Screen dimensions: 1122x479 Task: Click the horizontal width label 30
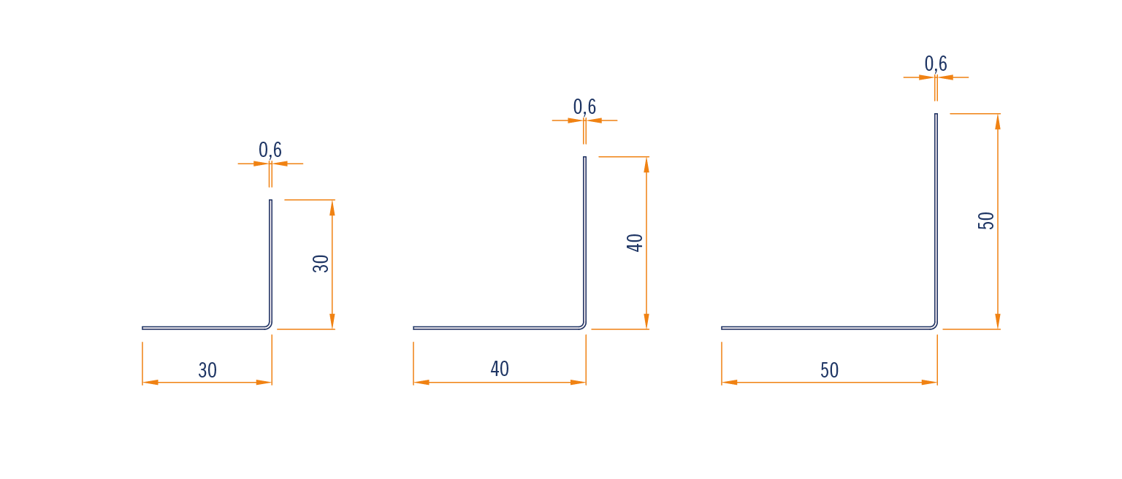(x=207, y=370)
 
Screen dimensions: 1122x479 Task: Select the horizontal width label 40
(x=500, y=369)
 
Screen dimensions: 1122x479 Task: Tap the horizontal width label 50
(x=830, y=370)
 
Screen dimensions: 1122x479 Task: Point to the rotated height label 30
(x=321, y=264)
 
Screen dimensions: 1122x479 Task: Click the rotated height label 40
(x=635, y=242)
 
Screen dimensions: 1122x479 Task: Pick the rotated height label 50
(x=985, y=221)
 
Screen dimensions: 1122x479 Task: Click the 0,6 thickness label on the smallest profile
(x=270, y=150)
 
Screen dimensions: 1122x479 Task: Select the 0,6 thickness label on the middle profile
(x=584, y=107)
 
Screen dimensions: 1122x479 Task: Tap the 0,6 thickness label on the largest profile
(x=936, y=64)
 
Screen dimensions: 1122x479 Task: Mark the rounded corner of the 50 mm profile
(x=935, y=326)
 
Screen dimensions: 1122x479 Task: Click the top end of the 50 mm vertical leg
(x=936, y=114)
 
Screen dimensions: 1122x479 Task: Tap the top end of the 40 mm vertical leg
(x=584, y=157)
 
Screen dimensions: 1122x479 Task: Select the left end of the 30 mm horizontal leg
(x=142, y=329)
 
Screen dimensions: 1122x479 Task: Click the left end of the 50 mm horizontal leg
(x=722, y=329)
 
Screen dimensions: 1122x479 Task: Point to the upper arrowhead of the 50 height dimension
(x=998, y=122)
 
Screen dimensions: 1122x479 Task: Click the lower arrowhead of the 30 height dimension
(x=332, y=321)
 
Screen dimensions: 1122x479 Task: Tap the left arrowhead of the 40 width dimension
(x=421, y=383)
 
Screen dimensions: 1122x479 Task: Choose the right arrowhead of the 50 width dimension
(x=929, y=383)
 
